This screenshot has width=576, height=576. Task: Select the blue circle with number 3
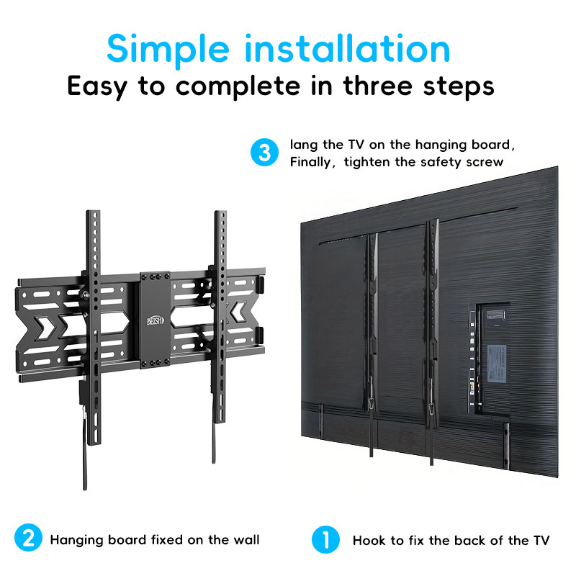coord(264,153)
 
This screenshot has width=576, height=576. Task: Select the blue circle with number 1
coord(325,539)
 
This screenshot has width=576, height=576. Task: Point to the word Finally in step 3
coord(312,162)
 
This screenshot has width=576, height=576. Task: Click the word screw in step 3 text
coord(484,162)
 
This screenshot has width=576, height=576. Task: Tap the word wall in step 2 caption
coord(244,539)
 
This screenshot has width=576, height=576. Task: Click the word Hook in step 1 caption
coord(369,540)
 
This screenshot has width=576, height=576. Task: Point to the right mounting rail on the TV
coord(433,324)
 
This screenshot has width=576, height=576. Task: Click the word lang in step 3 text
coord(303,145)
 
